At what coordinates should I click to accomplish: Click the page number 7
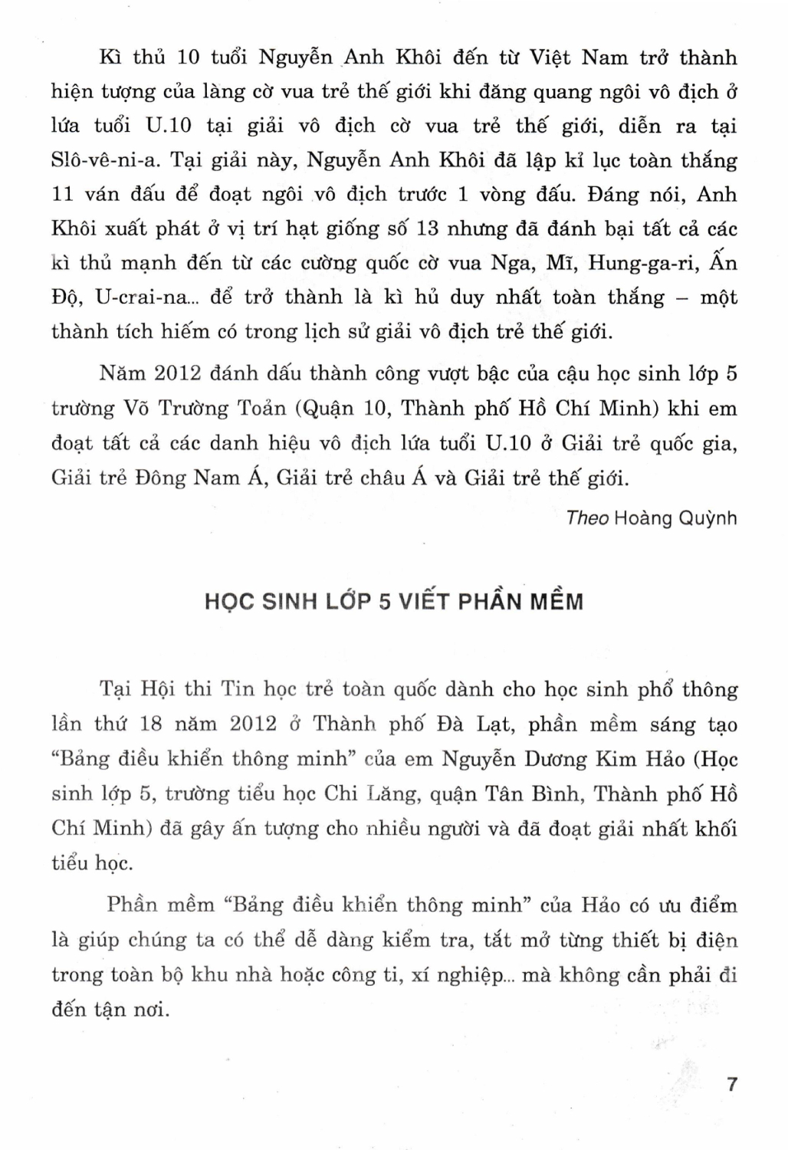731,1084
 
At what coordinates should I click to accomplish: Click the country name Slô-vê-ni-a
103,160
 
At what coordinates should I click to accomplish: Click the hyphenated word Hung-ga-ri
649,263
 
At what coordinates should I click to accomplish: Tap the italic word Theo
587,518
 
